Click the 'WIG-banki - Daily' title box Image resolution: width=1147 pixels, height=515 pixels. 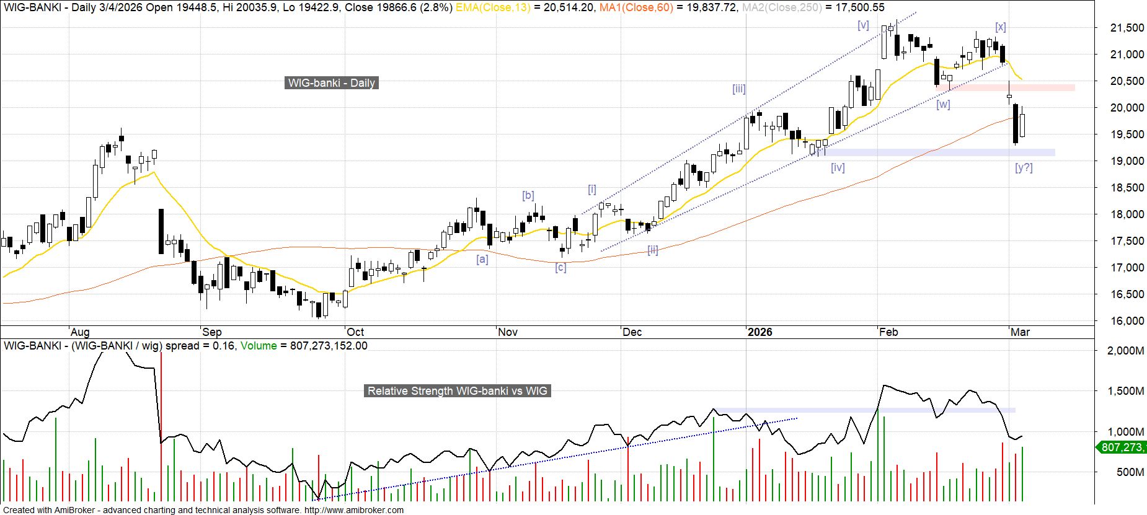(331, 83)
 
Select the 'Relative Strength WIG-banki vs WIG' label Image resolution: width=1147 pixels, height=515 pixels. (458, 391)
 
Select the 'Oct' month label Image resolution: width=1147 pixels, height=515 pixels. (355, 332)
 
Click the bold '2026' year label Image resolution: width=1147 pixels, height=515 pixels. (759, 332)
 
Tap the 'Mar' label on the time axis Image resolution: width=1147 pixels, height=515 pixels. (1020, 332)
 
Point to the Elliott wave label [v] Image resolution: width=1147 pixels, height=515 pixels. (863, 25)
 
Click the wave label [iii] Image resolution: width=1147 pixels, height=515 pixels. (738, 89)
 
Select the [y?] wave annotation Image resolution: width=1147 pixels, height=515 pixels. (1024, 167)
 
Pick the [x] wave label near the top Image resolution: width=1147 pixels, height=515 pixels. (1000, 27)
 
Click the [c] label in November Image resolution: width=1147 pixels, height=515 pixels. (560, 267)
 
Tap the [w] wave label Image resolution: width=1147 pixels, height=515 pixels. (943, 104)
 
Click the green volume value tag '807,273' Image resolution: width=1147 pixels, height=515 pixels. (1122, 447)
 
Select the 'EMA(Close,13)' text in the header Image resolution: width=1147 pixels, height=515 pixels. (493, 7)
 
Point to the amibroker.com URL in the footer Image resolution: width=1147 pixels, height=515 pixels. (353, 510)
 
